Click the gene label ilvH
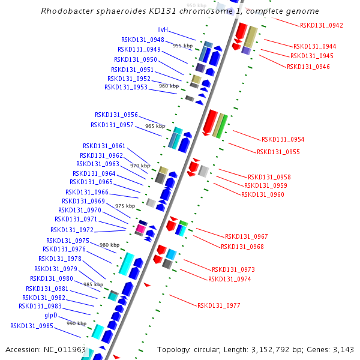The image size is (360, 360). (163, 30)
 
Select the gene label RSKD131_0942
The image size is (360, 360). (322, 25)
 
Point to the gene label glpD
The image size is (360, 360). (51, 315)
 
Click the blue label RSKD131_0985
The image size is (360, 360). (32, 326)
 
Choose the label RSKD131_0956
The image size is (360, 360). (116, 115)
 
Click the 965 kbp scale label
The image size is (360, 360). (155, 126)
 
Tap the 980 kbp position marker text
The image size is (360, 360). (109, 245)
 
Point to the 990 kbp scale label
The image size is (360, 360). (76, 323)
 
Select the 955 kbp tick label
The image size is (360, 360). (183, 46)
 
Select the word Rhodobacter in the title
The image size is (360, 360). (65, 11)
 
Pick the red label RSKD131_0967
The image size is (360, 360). (246, 236)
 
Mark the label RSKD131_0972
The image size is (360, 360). (72, 230)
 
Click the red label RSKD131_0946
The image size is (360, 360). (308, 66)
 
